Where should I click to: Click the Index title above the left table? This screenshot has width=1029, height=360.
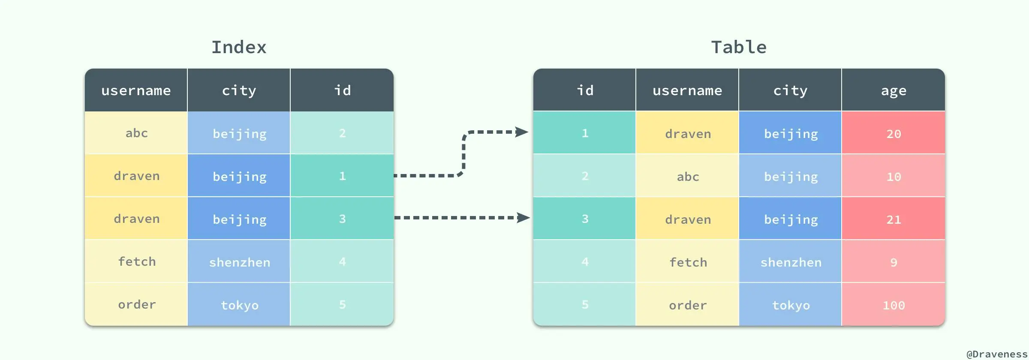pos(239,47)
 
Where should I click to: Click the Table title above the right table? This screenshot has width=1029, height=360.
pos(739,47)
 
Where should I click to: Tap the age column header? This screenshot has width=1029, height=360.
pos(894,90)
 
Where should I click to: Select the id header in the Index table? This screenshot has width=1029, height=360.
pos(342,90)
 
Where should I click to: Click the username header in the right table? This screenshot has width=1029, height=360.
pos(687,90)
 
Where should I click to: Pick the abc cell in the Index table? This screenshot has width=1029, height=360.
pos(136,133)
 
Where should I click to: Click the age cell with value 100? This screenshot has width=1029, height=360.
pos(894,305)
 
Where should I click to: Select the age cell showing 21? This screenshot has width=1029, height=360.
pos(894,219)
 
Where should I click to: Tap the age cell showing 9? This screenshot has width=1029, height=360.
pos(894,262)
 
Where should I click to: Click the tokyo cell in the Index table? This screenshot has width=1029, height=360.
pos(239,305)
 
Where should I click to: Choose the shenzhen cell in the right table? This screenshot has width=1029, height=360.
pos(791,262)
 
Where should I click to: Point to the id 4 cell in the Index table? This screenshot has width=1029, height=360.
pos(342,261)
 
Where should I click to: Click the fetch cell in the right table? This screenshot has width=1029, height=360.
pos(688,262)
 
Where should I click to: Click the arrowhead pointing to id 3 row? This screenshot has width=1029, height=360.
pos(523,218)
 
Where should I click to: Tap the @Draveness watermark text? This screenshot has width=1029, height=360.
pos(997,354)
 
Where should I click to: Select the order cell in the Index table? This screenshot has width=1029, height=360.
pos(136,305)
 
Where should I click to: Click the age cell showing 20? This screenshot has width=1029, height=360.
pos(894,134)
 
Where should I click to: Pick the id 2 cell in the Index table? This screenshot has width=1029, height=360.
pos(342,133)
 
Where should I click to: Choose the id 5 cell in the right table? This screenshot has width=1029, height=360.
pos(585,305)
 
